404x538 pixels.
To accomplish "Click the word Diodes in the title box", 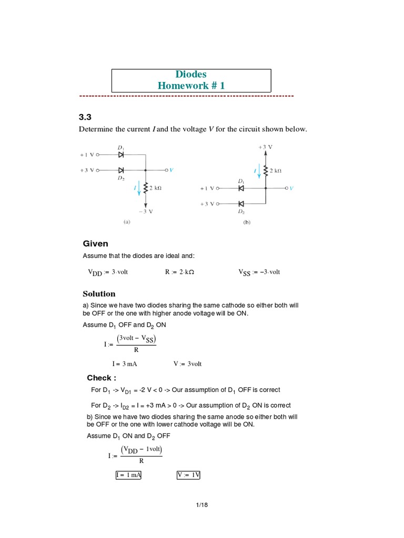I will (x=191, y=75).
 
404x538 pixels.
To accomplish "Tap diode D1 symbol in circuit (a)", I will (x=121, y=155).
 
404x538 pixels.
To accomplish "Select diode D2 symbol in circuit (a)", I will (x=121, y=170).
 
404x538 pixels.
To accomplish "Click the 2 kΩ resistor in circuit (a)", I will (x=146, y=188).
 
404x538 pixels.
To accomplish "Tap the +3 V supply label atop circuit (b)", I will (x=266, y=147).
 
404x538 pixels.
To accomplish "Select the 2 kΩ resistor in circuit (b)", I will (x=266, y=170).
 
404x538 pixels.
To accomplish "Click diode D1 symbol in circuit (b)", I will (x=241, y=188).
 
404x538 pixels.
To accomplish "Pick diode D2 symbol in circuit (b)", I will (x=241, y=204).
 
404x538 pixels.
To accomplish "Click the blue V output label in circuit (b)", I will (x=291, y=188).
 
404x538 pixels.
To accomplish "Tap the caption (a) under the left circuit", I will (x=127, y=222).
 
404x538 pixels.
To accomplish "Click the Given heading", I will (x=95, y=244).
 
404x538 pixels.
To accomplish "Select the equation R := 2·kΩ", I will (x=179, y=272).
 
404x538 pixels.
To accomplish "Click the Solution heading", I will (x=99, y=294).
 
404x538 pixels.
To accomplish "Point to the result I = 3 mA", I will (x=124, y=364).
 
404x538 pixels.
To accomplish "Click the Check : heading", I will (x=102, y=378).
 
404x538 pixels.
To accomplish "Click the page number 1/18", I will (x=202, y=505).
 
